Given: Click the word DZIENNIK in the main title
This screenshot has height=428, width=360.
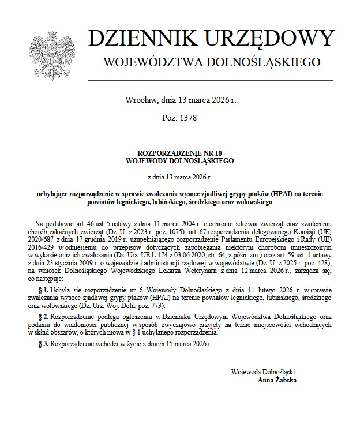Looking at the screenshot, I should tap(141, 39).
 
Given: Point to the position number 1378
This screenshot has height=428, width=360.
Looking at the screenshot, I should tap(187, 118).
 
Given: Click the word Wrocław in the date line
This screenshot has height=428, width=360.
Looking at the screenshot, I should tap(139, 100).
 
